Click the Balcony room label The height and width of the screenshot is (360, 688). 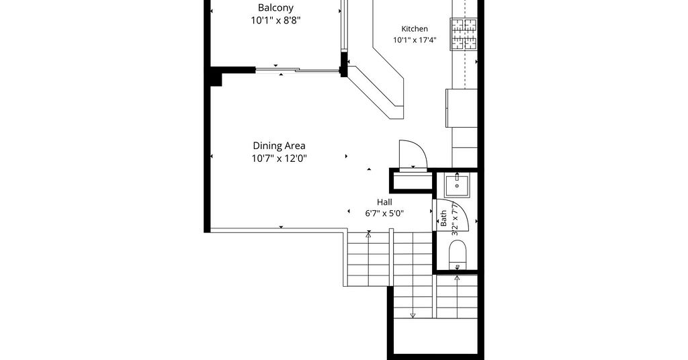pos(275,8)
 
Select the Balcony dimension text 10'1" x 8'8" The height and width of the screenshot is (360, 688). pos(275,20)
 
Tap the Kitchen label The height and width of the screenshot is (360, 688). pos(415,29)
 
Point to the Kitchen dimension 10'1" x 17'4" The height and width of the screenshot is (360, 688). pos(415,40)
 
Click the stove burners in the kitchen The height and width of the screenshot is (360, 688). pos(464,34)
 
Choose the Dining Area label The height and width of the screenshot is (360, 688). pos(279,146)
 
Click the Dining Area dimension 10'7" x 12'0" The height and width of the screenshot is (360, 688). pos(279,159)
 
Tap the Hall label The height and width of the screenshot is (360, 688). pos(384,202)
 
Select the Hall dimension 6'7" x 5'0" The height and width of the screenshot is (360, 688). pos(384,214)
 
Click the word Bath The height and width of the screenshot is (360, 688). pos(443,218)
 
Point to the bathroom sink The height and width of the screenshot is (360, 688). pos(457,185)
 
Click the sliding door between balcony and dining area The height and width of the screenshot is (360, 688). pos(298,70)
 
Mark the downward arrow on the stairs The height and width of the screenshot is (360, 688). pos(413,298)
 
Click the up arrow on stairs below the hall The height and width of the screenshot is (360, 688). pos(369,259)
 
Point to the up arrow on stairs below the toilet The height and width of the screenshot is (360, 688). pos(457,296)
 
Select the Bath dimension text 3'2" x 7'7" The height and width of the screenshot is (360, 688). pos(455,218)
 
